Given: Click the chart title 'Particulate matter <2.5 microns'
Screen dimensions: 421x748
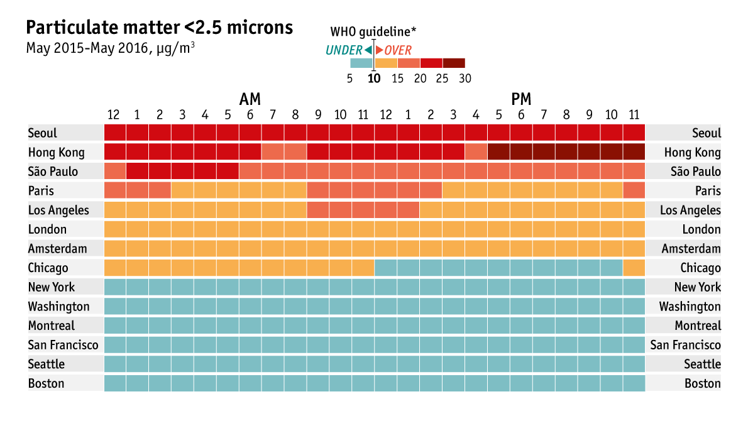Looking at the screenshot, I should (159, 28).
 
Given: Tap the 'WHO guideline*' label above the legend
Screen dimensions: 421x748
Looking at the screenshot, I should (373, 32).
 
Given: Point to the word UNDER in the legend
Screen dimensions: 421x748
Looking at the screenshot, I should (344, 51).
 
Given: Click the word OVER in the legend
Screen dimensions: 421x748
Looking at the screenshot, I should (398, 51).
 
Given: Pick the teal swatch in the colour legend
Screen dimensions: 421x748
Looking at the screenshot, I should (361, 63).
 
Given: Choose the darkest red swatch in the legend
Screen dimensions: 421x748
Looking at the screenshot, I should (454, 63).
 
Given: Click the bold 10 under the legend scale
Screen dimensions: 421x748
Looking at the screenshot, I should (374, 79).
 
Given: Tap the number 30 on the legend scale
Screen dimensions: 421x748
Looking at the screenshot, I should (465, 79).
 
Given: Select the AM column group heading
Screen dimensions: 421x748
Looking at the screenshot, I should (250, 99).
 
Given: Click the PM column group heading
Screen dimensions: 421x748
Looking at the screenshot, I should (521, 99).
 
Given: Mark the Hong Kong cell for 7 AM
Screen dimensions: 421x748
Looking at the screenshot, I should (273, 152).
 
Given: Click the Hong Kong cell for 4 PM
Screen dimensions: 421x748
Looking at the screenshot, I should (476, 152).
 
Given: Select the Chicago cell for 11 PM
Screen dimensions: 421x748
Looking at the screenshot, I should (634, 268).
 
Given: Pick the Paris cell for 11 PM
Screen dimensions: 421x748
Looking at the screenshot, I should (634, 190).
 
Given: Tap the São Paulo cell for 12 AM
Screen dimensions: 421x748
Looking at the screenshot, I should (115, 172).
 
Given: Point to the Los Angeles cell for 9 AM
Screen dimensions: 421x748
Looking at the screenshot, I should (318, 210).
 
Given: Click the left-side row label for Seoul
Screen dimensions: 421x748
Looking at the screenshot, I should (43, 133).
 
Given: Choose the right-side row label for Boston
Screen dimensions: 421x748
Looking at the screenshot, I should (702, 383).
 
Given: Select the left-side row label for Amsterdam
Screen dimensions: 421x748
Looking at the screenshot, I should (57, 249).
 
